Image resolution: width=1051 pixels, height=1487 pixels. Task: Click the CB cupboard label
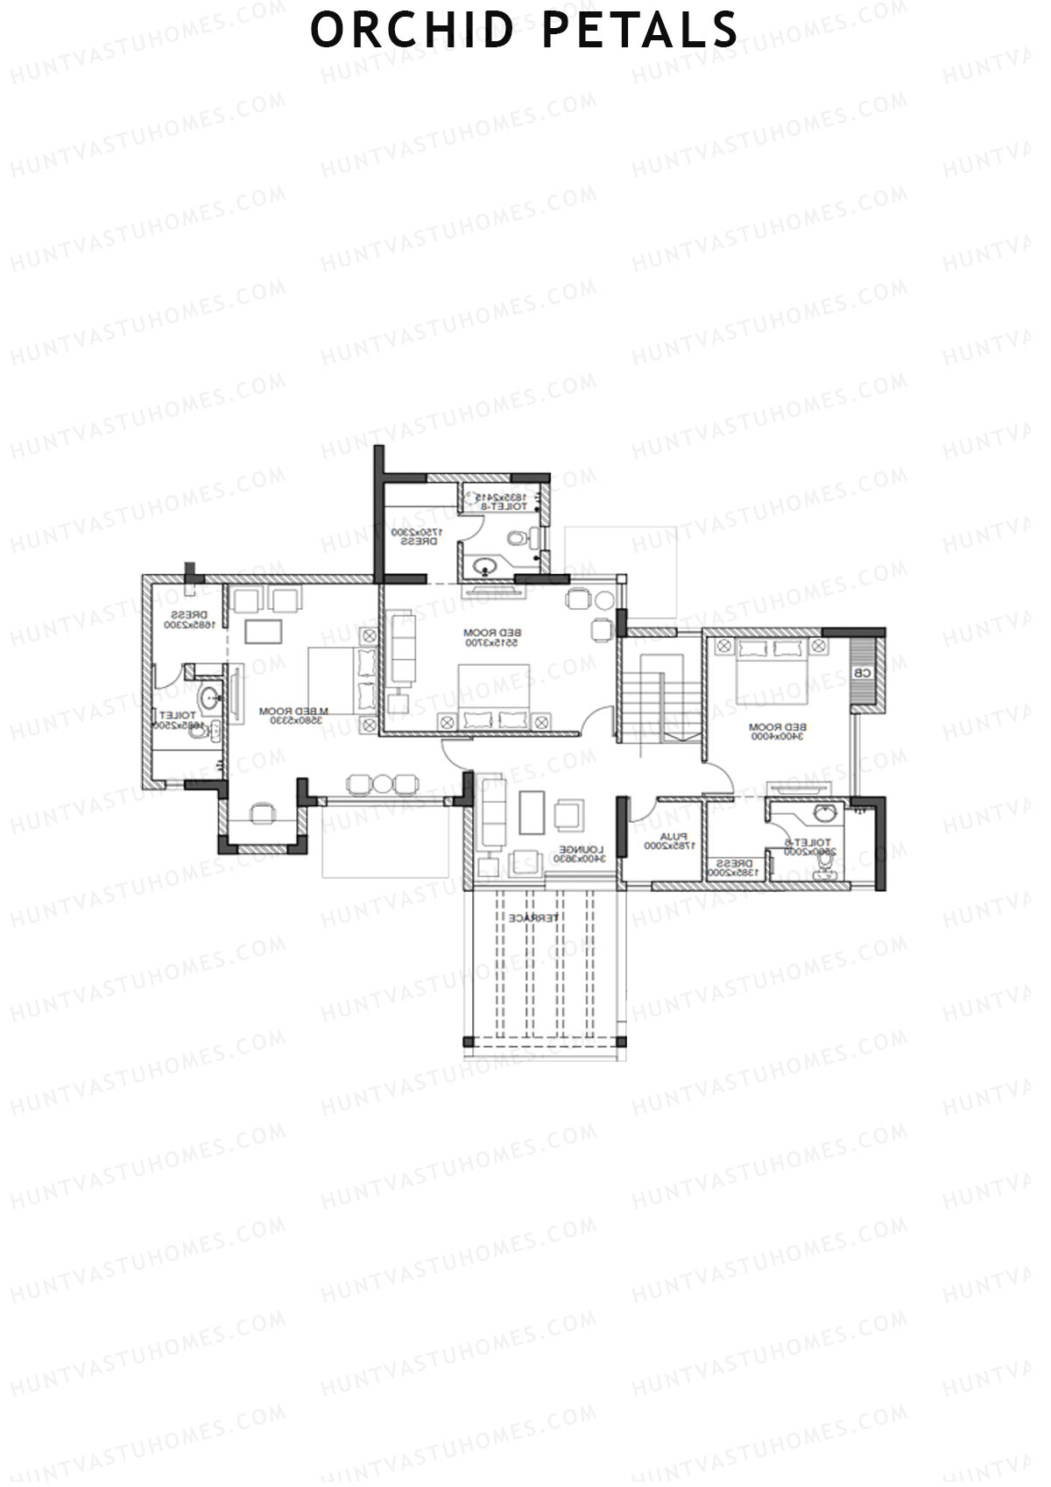click(x=862, y=673)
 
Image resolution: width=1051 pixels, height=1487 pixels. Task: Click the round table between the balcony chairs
click(x=382, y=783)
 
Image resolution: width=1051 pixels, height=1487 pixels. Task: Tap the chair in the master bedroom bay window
click(x=262, y=814)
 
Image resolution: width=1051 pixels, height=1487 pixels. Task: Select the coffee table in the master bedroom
click(x=265, y=632)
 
